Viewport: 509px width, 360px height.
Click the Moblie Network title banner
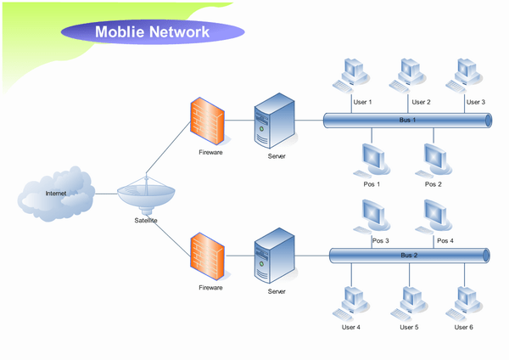coord(153,32)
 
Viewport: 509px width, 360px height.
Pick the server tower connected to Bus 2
coord(275,257)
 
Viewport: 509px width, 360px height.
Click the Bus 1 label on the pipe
coord(408,121)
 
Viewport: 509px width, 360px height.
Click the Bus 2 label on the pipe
coord(410,255)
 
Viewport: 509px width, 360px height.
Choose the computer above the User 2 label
coord(406,75)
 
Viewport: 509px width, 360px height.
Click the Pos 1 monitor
coord(372,158)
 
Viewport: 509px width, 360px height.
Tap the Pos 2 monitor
coord(434,158)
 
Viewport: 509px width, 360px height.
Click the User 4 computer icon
coord(350,301)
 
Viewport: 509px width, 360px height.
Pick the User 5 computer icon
coord(409,301)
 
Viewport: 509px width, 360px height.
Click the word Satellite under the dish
coord(146,221)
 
